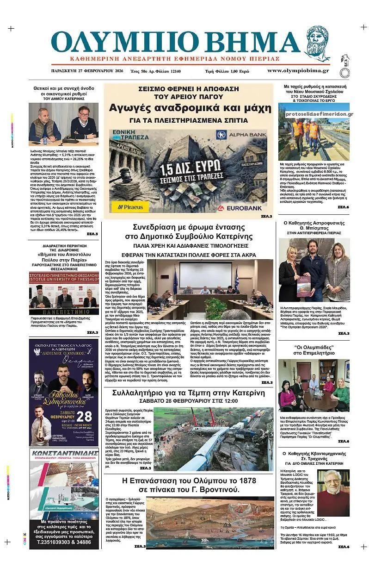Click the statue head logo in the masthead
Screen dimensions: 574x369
318,44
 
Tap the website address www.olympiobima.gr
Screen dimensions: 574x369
298,71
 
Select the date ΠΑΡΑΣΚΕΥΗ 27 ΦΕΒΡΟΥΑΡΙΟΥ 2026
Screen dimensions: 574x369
87,71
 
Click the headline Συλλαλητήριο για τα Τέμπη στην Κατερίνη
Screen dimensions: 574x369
189,393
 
